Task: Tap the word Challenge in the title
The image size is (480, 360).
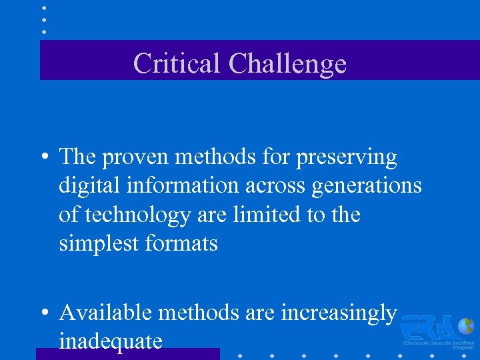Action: pyautogui.click(x=287, y=64)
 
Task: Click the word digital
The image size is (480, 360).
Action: pyautogui.click(x=83, y=186)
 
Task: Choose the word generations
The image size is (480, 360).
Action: pyautogui.click(x=360, y=186)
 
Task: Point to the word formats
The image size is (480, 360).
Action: pyautogui.click(x=181, y=244)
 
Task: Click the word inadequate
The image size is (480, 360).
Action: pyautogui.click(x=111, y=341)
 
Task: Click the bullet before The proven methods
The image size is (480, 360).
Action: pyautogui.click(x=44, y=159)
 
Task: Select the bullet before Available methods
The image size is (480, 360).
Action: pyautogui.click(x=44, y=313)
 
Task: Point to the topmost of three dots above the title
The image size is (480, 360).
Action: pyautogui.click(x=44, y=9)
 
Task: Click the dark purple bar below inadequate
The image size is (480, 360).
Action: pyautogui.click(x=127, y=354)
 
